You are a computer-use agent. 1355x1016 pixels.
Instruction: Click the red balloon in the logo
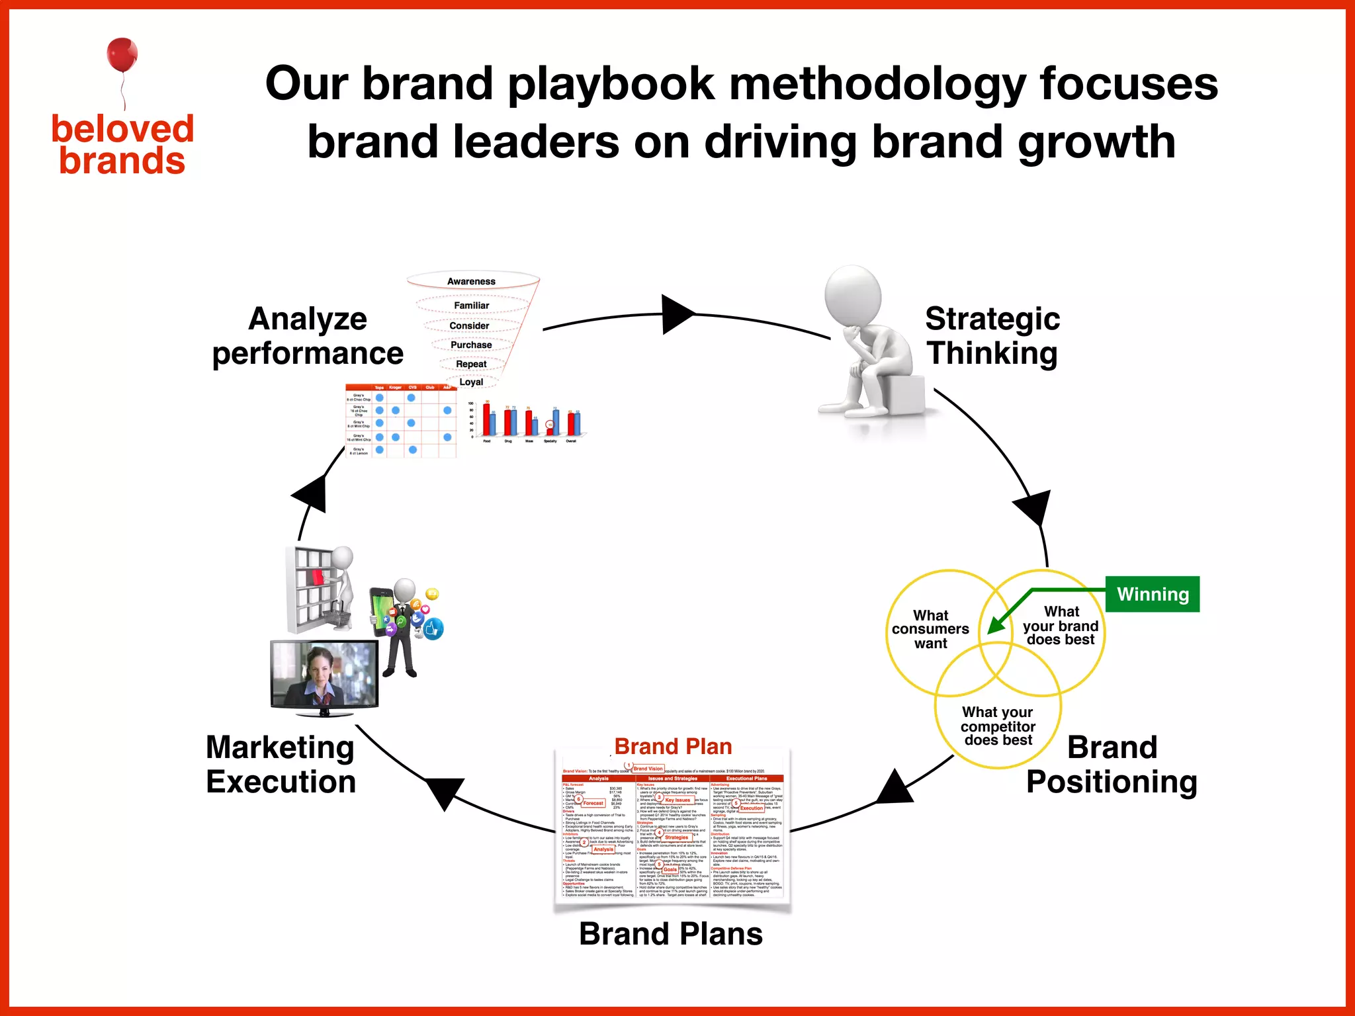pyautogui.click(x=122, y=54)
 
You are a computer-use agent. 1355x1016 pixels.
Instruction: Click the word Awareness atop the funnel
pyautogui.click(x=471, y=281)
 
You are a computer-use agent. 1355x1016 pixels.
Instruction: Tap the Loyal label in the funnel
pyautogui.click(x=471, y=382)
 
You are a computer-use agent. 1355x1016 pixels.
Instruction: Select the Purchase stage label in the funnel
pyautogui.click(x=471, y=345)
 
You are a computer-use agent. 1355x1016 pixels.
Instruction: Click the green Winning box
pyautogui.click(x=1153, y=594)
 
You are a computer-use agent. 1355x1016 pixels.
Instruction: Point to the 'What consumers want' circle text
pyautogui.click(x=930, y=629)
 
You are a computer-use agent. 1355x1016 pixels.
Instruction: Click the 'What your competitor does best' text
pyautogui.click(x=998, y=726)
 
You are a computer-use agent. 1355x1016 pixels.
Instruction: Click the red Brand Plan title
pyautogui.click(x=673, y=746)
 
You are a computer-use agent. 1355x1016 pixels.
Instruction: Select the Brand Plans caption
pyautogui.click(x=671, y=934)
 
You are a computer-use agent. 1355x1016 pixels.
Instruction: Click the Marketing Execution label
pyautogui.click(x=281, y=764)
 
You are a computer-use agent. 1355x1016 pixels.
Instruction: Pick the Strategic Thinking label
pyautogui.click(x=992, y=335)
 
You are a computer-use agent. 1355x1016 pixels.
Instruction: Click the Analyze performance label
pyautogui.click(x=308, y=335)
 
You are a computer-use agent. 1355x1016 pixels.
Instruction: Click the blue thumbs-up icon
pyautogui.click(x=434, y=629)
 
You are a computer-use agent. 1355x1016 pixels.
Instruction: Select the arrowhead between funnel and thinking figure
pyautogui.click(x=676, y=314)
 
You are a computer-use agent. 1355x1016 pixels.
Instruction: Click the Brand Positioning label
pyautogui.click(x=1112, y=764)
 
